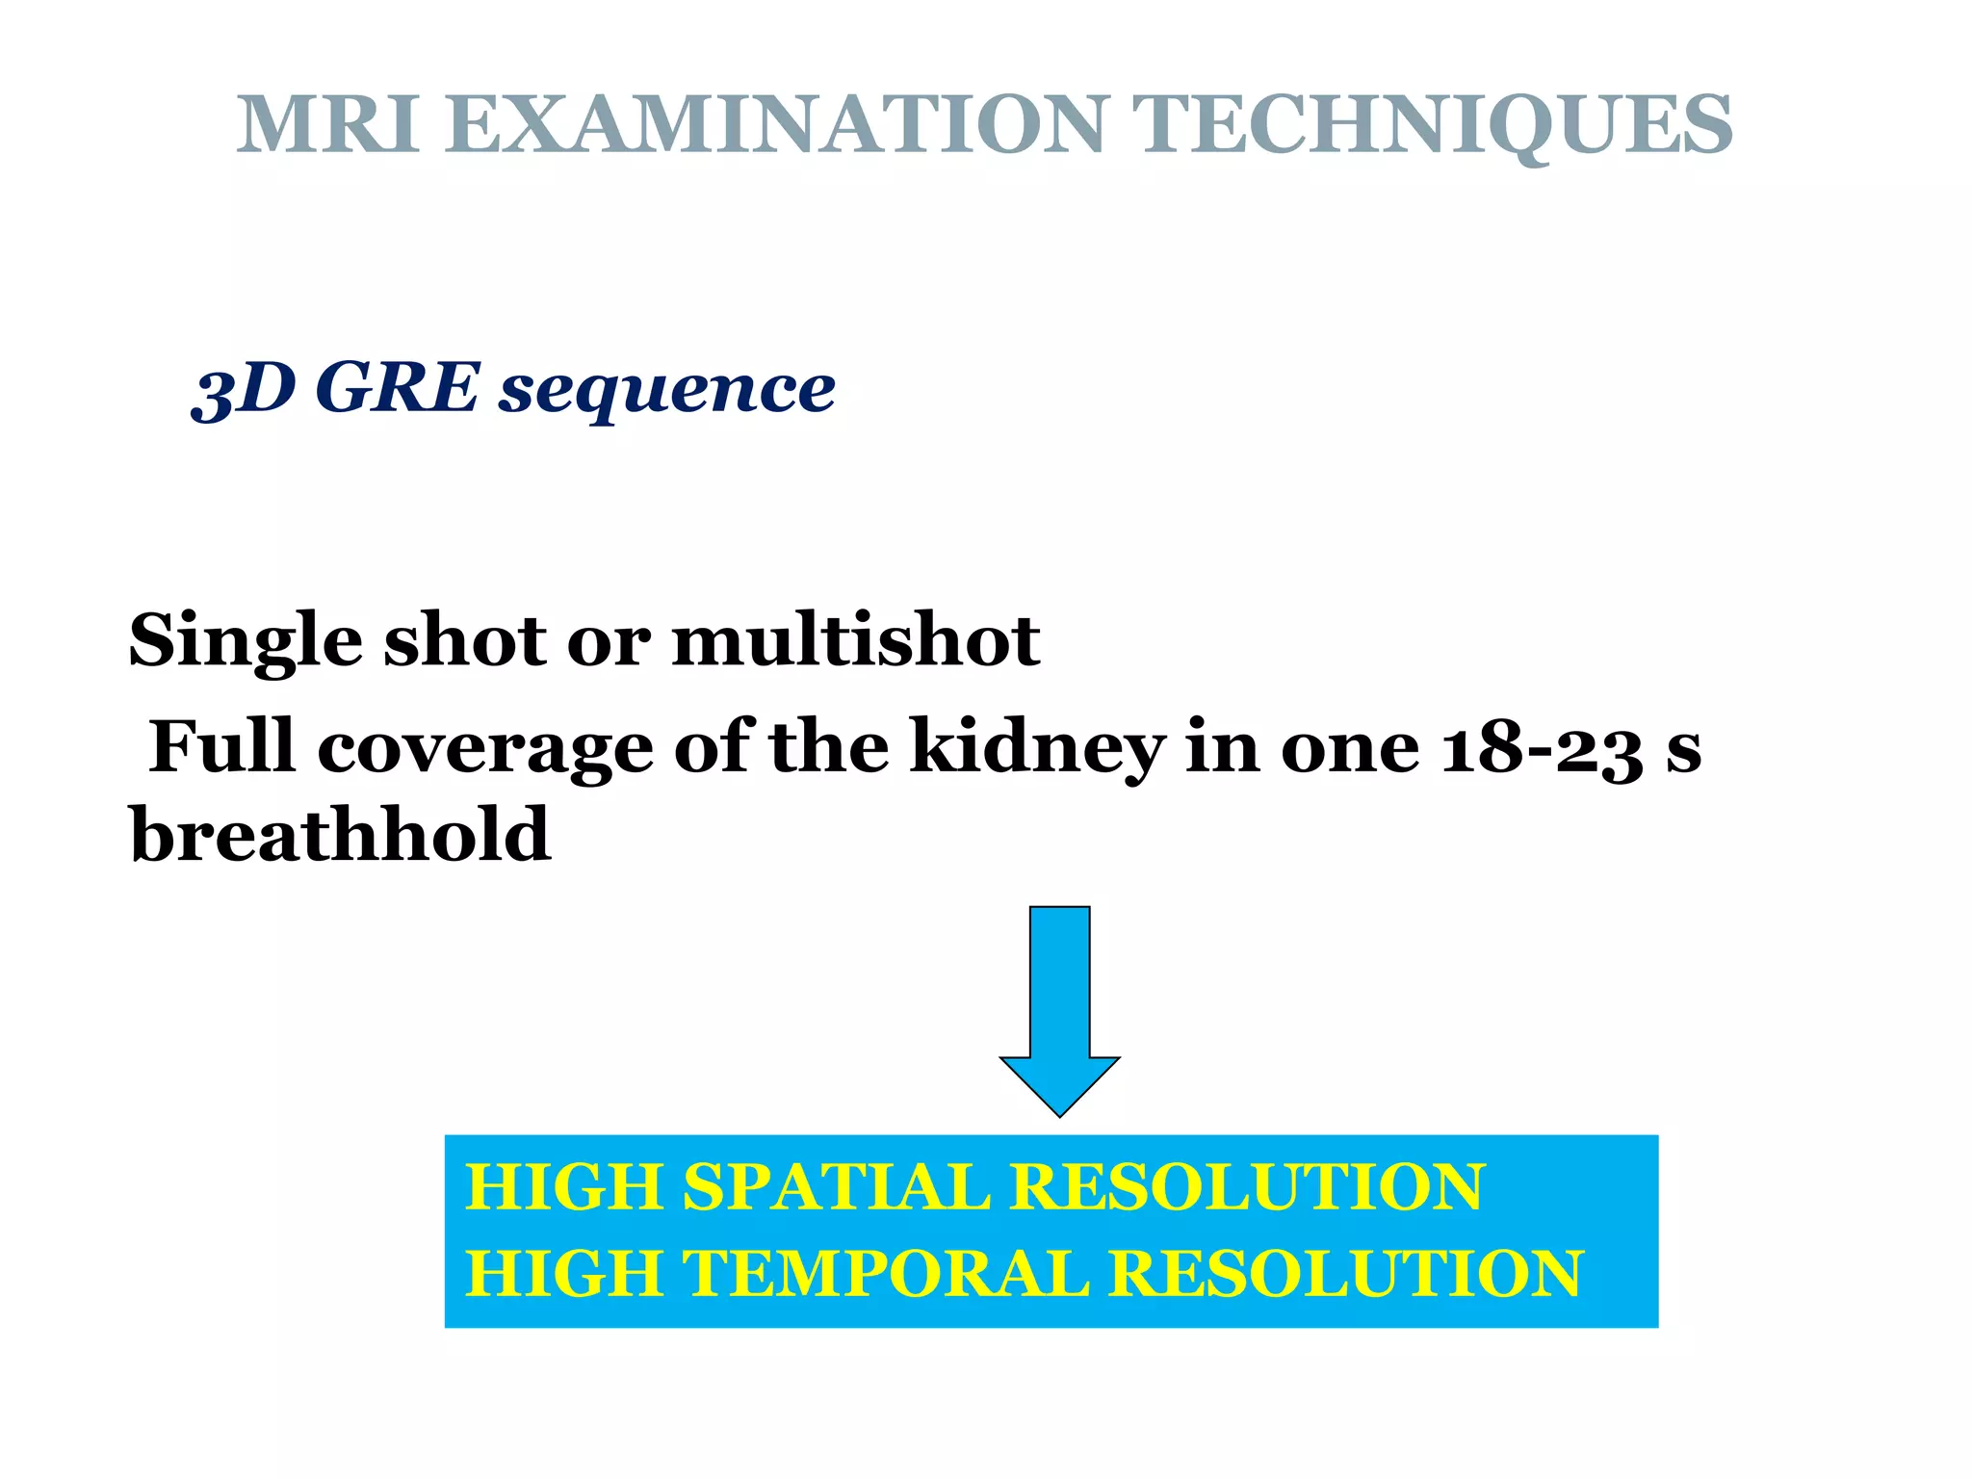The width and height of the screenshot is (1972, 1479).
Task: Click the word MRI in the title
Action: click(x=328, y=125)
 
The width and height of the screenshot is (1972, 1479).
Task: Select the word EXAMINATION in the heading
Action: click(x=775, y=125)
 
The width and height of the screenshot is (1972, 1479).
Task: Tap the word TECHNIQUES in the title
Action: click(x=1433, y=125)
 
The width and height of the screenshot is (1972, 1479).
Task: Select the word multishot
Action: click(x=856, y=640)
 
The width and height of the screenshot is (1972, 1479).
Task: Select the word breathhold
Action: click(x=340, y=834)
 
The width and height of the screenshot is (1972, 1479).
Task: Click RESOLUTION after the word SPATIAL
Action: click(x=1247, y=1186)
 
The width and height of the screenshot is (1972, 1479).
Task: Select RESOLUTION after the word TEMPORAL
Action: click(x=1346, y=1273)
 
